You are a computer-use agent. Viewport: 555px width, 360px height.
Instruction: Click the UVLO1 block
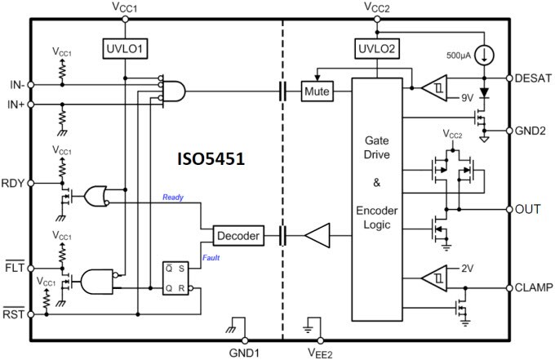(x=124, y=47)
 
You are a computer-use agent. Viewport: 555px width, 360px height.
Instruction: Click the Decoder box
(x=238, y=236)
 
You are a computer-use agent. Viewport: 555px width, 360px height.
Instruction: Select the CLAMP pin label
(x=535, y=287)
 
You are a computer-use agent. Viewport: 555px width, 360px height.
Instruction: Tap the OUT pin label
(x=529, y=209)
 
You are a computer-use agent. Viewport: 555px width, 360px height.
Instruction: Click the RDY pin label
(x=14, y=184)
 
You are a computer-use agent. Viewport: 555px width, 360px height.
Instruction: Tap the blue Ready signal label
(x=173, y=198)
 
